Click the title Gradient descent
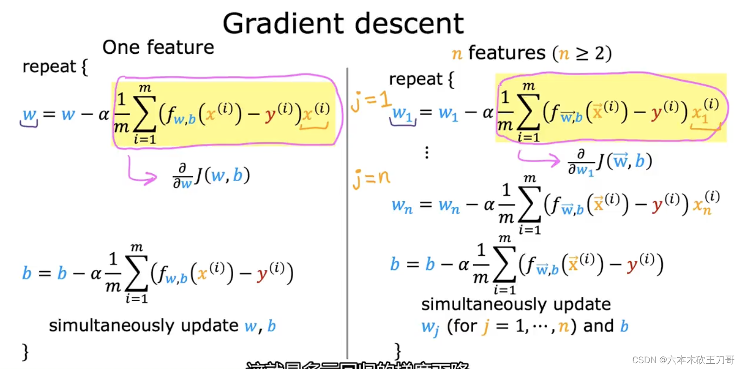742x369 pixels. (343, 23)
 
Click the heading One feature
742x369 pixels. (158, 47)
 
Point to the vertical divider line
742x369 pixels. (347, 213)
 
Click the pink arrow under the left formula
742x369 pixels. (140, 172)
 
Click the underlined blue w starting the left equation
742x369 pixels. (30, 115)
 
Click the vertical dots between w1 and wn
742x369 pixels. (427, 153)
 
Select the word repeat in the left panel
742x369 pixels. (49, 67)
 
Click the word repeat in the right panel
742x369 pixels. (416, 79)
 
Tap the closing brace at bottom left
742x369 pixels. (26, 352)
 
